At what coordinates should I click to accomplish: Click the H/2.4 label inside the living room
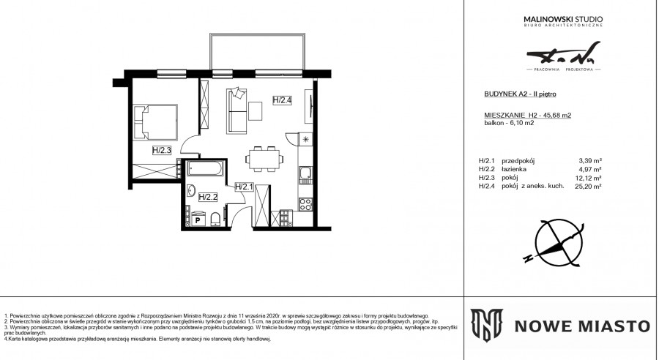point(283,101)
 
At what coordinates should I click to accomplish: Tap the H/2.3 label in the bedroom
point(162,151)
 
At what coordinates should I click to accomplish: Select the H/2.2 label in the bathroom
point(209,197)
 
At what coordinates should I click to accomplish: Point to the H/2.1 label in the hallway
point(244,187)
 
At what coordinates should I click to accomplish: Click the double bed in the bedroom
point(158,122)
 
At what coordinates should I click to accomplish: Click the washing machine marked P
point(197,218)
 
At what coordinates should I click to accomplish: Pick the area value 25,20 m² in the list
point(589,187)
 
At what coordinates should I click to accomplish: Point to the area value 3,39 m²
point(590,160)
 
